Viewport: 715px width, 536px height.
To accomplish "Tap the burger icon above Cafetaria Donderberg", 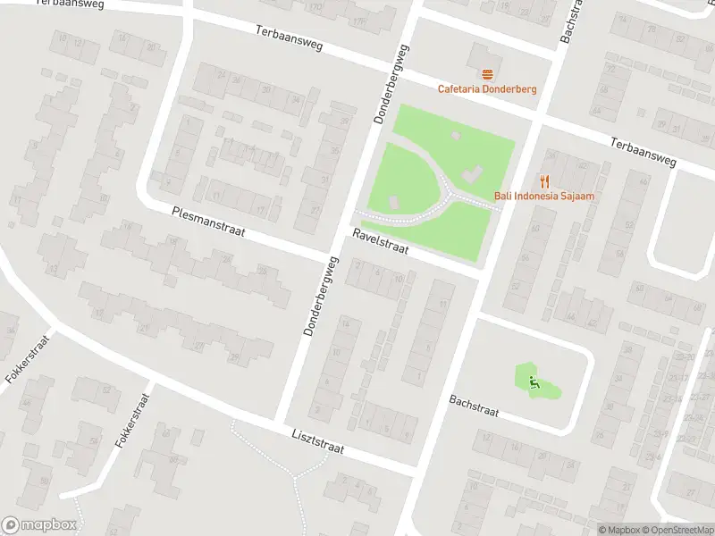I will (x=487, y=74).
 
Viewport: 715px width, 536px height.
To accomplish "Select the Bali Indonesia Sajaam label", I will (x=544, y=196).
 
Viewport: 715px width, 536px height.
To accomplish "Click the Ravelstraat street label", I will (x=380, y=240).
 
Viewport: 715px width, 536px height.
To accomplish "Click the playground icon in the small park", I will (x=534, y=384).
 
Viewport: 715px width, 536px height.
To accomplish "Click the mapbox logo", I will (x=39, y=525).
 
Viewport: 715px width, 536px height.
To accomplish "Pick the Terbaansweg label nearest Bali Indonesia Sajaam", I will (x=643, y=154).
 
